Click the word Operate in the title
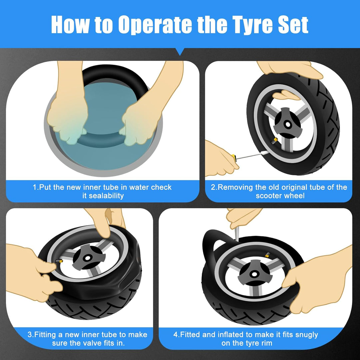point(155,25)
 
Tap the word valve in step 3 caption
point(95,343)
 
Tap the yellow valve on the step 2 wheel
point(275,140)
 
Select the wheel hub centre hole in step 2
point(287,124)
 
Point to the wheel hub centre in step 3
point(87,258)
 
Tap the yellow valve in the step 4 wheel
point(267,254)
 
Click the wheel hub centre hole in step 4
point(253,274)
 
